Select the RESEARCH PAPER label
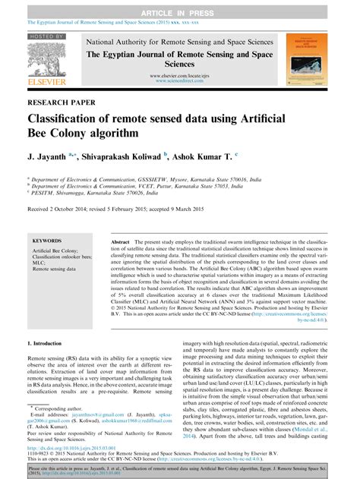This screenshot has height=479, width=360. coord(62,101)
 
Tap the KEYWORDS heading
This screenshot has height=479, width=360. coord(47,240)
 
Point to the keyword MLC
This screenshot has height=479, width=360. coord(39,263)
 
